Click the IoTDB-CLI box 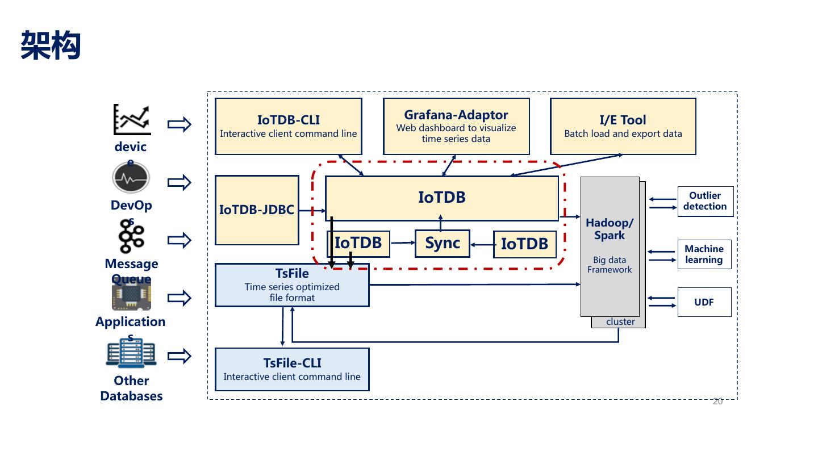[x=289, y=126]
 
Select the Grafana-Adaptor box [x=456, y=126]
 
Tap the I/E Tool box [x=623, y=126]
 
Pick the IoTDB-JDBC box [x=257, y=210]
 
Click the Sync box [x=443, y=244]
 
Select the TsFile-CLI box [x=292, y=369]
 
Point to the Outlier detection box [x=705, y=201]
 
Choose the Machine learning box [x=704, y=254]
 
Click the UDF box [x=704, y=302]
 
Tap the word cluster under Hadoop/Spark [x=620, y=322]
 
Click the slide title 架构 [x=51, y=45]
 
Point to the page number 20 [x=717, y=402]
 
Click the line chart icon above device [x=132, y=119]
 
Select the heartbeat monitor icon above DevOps [x=131, y=178]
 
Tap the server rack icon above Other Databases [x=131, y=354]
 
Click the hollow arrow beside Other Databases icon [x=180, y=356]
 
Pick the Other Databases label [x=131, y=388]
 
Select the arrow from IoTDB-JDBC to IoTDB [x=312, y=211]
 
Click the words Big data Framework [x=610, y=265]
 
